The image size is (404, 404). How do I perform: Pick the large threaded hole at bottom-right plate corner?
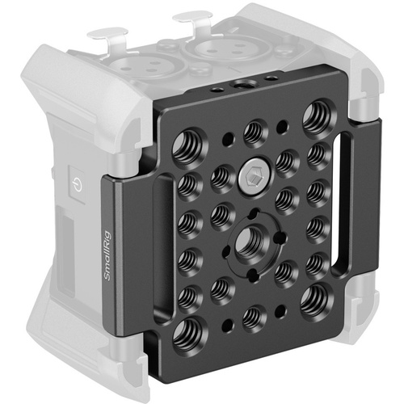pos(311,301)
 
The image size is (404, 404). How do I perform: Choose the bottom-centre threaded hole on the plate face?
pos(252,316)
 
